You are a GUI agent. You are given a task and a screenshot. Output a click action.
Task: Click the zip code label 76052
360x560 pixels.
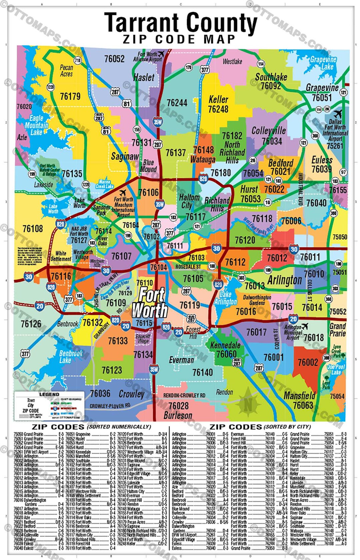coord(114,59)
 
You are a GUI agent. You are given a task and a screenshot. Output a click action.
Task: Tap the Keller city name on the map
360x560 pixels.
coord(218,99)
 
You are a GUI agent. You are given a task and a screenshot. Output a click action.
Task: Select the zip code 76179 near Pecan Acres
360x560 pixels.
coord(70,96)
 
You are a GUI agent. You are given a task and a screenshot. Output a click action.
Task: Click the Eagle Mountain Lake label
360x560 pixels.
coord(36,125)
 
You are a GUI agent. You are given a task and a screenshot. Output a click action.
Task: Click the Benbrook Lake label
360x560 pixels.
coord(71,357)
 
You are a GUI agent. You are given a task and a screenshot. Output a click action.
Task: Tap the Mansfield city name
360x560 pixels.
coord(299,396)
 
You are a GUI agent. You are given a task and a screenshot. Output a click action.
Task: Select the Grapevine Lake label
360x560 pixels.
coord(323,63)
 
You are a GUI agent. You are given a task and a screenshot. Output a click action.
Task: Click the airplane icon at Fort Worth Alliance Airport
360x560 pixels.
coord(161,54)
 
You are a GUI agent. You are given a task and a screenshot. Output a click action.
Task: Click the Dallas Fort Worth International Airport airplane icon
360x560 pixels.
coord(338,113)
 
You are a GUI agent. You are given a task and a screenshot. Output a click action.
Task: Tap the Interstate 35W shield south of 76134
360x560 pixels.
coord(154,369)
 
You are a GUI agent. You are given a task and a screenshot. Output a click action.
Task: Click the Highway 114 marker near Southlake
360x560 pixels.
coord(261,64)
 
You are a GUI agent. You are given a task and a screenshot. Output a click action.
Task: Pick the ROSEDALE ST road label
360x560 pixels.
coord(188,267)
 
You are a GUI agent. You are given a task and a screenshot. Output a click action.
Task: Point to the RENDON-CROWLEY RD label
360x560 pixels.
coord(184,395)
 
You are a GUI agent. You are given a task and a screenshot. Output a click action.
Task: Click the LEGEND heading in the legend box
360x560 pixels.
coord(49,394)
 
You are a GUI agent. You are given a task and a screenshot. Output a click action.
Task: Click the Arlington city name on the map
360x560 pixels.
coord(284,280)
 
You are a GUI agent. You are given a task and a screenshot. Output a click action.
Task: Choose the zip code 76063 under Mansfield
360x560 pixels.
coord(303,405)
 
